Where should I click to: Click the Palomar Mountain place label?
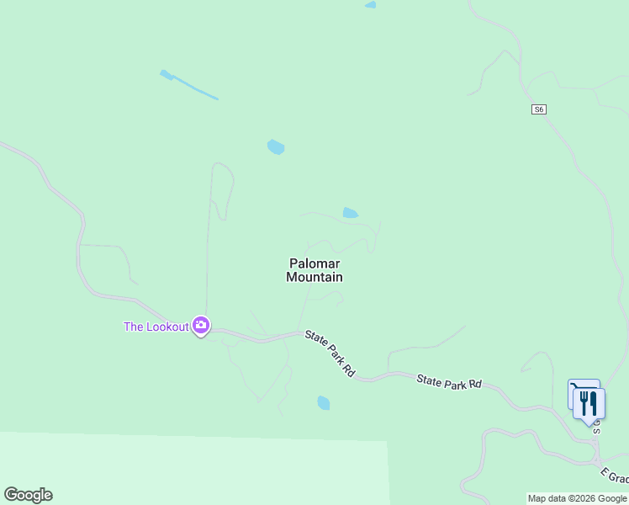click(x=314, y=270)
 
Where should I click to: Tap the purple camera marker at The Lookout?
click(x=200, y=326)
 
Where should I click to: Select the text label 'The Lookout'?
click(x=156, y=327)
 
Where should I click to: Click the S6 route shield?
click(x=539, y=109)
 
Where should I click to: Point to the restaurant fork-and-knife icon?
click(x=589, y=403)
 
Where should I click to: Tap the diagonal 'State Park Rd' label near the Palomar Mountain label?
click(x=330, y=353)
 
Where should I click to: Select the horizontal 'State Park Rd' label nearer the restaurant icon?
click(x=449, y=382)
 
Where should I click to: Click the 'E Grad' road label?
click(x=613, y=476)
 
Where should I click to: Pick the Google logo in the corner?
click(x=28, y=495)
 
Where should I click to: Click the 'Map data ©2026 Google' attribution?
click(x=578, y=498)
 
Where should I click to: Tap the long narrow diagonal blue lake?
click(x=189, y=85)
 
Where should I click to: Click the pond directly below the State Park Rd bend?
click(x=324, y=402)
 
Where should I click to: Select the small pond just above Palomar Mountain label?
click(x=351, y=213)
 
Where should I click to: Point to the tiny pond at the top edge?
click(x=370, y=5)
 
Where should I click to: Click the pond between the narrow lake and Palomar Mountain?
click(x=276, y=147)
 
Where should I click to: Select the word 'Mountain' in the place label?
click(x=314, y=277)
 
